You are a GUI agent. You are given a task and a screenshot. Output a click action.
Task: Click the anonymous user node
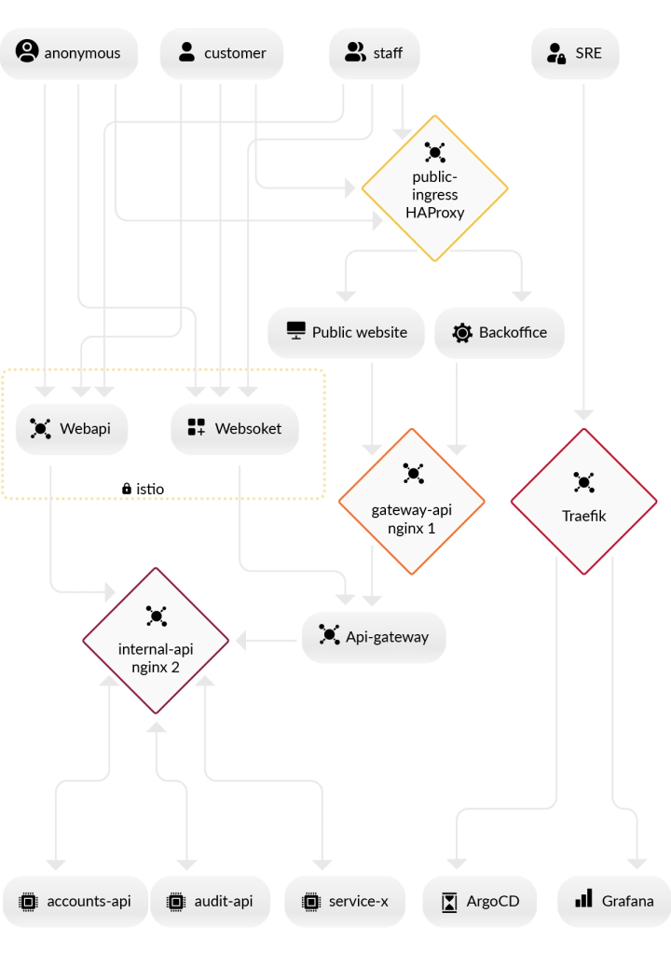click(x=69, y=53)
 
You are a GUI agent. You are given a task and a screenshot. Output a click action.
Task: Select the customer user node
click(x=222, y=53)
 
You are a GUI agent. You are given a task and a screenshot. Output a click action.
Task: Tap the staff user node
click(x=374, y=53)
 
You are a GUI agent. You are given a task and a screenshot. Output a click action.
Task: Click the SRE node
click(x=575, y=53)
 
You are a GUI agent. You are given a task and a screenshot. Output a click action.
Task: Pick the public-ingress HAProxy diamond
click(x=434, y=188)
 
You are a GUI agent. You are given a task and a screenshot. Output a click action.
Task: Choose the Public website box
click(x=346, y=332)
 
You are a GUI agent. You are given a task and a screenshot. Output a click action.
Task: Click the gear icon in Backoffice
click(x=462, y=333)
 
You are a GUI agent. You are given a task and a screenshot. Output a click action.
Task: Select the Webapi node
click(x=72, y=429)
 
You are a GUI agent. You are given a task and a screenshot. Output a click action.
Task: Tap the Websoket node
click(x=235, y=429)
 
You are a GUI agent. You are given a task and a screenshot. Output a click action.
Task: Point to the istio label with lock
click(x=143, y=488)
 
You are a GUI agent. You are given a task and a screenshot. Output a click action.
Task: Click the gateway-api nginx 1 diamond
click(x=411, y=502)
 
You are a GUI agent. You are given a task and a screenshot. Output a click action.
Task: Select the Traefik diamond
click(x=583, y=502)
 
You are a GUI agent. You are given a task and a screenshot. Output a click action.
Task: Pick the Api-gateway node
click(x=374, y=637)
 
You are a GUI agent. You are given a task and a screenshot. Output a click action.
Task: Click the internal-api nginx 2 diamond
click(x=156, y=641)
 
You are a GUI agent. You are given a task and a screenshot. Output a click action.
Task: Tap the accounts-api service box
click(x=75, y=901)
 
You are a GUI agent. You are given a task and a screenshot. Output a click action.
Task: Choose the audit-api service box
click(x=211, y=901)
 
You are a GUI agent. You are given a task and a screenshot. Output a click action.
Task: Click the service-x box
click(x=345, y=901)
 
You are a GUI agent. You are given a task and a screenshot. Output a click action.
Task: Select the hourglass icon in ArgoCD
click(x=450, y=902)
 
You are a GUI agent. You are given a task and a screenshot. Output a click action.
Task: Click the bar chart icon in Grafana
click(x=584, y=899)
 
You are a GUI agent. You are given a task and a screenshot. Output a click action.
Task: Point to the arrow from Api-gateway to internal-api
click(x=268, y=641)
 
